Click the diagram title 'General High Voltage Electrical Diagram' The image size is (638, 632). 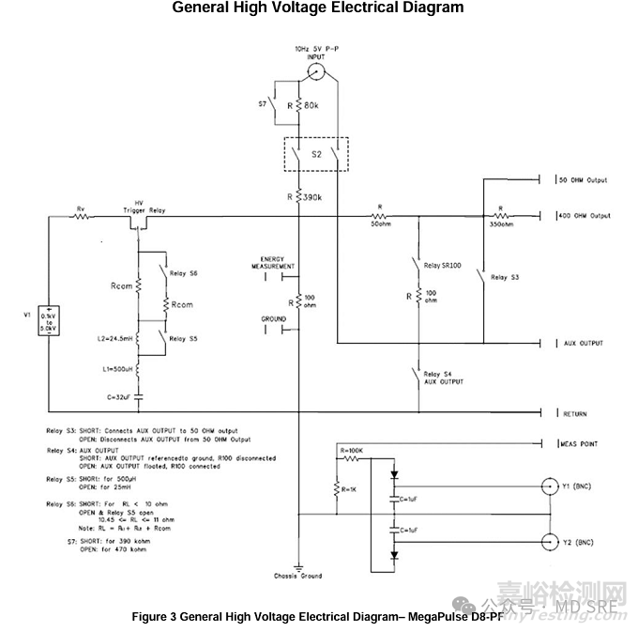coord(318,8)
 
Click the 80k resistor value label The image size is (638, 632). coord(312,105)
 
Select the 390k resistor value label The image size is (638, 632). coord(311,197)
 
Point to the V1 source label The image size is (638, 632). coord(29,314)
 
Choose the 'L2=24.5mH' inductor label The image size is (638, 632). coord(115,336)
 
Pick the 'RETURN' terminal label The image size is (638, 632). coord(576,412)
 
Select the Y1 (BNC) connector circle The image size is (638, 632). coord(550,487)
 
